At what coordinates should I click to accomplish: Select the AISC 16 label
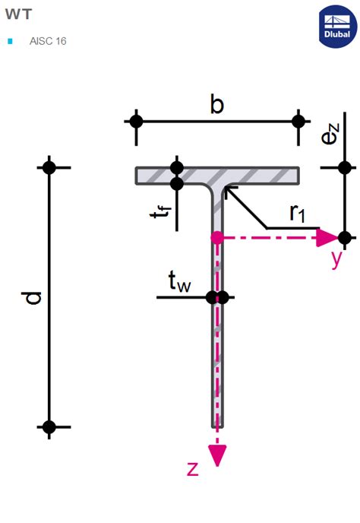(x=47, y=41)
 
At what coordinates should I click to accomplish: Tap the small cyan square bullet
(x=10, y=41)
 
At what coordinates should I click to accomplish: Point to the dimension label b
(x=217, y=106)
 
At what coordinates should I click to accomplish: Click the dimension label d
(x=32, y=297)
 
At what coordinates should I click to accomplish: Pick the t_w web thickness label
(x=179, y=284)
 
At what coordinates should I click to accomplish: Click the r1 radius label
(x=297, y=214)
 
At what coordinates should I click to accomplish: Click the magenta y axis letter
(x=336, y=258)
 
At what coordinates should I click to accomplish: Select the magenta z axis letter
(x=193, y=468)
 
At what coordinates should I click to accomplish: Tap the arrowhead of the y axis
(x=326, y=237)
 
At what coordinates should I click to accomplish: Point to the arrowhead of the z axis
(x=218, y=454)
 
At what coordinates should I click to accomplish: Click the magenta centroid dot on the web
(x=217, y=238)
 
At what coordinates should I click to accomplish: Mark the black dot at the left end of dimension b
(x=136, y=121)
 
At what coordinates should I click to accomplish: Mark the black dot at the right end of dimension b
(x=298, y=121)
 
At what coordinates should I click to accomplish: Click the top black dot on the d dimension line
(x=49, y=167)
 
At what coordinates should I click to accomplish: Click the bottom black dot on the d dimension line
(x=49, y=427)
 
